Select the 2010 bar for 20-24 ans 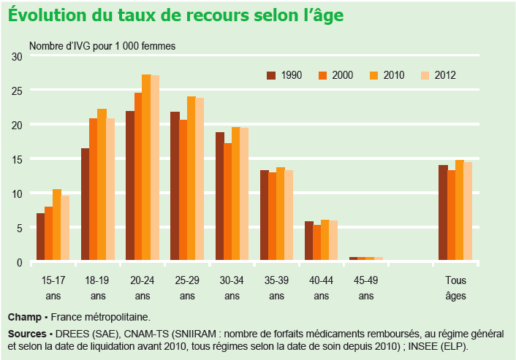146,168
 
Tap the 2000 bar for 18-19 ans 94,190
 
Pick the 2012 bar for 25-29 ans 200,180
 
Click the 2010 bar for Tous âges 459,210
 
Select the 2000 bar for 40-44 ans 316,243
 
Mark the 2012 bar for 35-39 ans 289,216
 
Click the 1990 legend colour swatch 271,75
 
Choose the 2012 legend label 445,75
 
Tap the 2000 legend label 343,75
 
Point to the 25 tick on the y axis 17,91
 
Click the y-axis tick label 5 20,228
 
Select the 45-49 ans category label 366,288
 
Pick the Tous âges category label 455,288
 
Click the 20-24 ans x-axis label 143,288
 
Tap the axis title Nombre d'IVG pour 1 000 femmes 102,45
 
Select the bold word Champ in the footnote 24,317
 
